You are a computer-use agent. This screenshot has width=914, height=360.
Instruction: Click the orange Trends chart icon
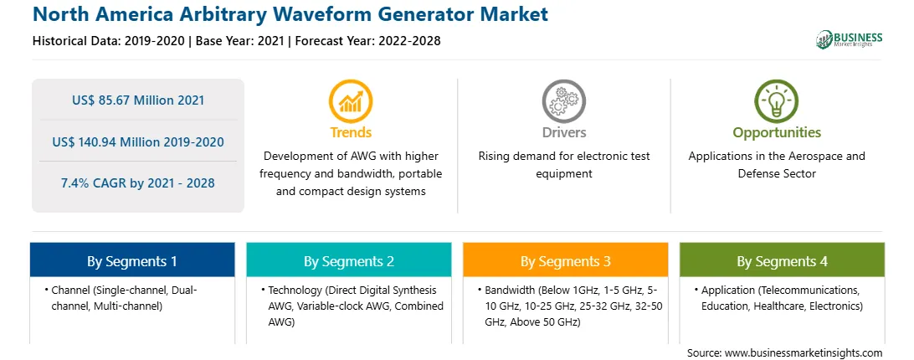click(x=351, y=101)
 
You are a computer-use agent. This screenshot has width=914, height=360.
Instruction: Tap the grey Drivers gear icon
click(x=563, y=101)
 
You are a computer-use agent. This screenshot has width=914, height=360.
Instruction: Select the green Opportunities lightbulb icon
click(x=777, y=101)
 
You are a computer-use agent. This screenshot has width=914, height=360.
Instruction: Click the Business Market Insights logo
click(x=850, y=39)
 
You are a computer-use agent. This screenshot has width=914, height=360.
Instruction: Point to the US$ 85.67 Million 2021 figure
click(x=138, y=100)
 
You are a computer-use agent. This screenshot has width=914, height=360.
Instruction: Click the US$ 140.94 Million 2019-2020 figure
click(x=138, y=141)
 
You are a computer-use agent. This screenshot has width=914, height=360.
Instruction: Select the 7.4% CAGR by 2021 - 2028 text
click(x=138, y=183)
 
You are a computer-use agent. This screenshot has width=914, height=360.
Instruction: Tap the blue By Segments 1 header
click(x=132, y=260)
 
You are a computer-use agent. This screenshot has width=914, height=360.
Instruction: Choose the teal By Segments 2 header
click(x=348, y=260)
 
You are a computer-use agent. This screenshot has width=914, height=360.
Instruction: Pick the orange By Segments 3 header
click(x=566, y=260)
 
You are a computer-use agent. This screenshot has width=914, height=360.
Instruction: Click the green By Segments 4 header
click(x=782, y=260)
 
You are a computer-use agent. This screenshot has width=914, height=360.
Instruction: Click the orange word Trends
click(x=351, y=132)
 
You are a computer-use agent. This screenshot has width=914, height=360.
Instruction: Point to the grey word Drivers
click(x=563, y=132)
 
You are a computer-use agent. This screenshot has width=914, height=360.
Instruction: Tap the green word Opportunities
click(x=777, y=133)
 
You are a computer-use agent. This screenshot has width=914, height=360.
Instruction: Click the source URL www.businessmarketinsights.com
click(x=804, y=353)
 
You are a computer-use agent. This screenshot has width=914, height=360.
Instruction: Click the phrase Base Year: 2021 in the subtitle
click(x=239, y=41)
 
